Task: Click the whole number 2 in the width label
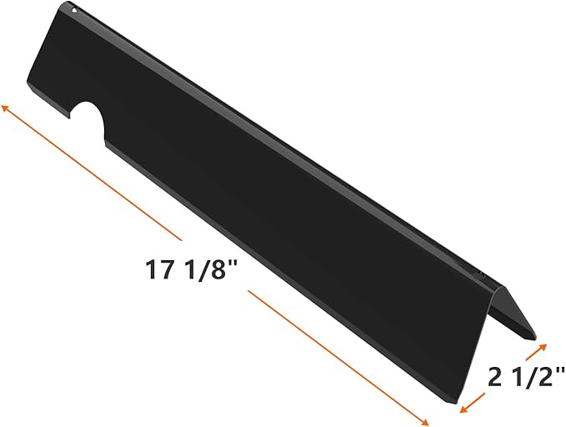click(495, 377)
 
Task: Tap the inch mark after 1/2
click(559, 371)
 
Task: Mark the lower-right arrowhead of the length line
click(423, 421)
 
